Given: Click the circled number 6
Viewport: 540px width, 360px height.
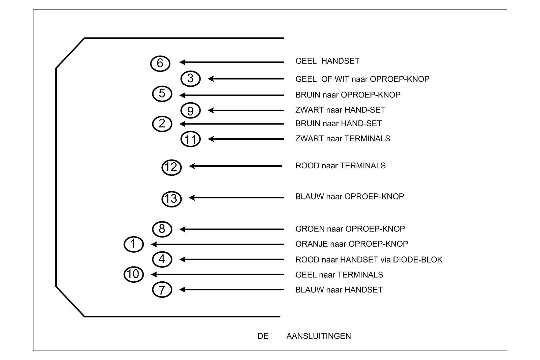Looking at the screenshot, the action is tap(160, 64).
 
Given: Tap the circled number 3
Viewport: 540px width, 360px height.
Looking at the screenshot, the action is tap(191, 79).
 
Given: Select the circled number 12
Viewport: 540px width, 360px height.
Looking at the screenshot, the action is tap(171, 167).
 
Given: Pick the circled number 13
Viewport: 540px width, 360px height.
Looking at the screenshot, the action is tap(171, 199).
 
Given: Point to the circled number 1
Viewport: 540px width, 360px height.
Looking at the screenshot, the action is tap(134, 244).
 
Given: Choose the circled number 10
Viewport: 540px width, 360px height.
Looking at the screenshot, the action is tap(134, 274).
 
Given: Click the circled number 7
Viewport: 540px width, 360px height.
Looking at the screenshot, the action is tap(162, 289).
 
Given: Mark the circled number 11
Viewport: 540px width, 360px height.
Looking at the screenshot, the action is tap(191, 139).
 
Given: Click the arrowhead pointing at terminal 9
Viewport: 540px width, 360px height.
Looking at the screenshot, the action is tap(211, 110).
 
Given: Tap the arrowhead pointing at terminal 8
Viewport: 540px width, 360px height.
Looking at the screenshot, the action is tap(183, 229).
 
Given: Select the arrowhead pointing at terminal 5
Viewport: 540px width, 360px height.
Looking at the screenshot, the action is tap(183, 95).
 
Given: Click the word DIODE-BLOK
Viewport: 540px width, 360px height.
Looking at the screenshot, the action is tap(418, 260).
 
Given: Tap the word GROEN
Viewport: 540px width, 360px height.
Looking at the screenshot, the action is tap(309, 229).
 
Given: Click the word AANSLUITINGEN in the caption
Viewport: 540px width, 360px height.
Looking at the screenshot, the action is tap(319, 336).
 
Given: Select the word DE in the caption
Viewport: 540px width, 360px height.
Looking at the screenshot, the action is tap(263, 336).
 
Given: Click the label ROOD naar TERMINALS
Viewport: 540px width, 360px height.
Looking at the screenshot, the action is tap(341, 166).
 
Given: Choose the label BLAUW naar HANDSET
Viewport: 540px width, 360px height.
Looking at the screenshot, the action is tap(339, 290).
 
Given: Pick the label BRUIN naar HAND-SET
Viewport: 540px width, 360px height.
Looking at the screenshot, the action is tap(339, 123).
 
